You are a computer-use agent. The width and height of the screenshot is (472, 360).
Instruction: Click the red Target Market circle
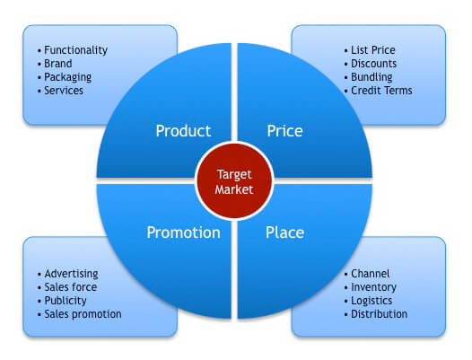(234, 180)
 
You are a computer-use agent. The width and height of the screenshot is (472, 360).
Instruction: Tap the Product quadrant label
(183, 131)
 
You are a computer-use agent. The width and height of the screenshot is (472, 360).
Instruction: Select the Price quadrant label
(284, 131)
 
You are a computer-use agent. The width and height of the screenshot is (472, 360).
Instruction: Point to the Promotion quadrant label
(183, 233)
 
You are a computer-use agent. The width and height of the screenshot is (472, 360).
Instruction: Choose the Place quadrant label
(284, 233)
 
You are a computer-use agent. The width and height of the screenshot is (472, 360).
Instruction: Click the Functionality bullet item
(73, 50)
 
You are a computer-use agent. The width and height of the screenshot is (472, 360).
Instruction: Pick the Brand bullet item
(55, 64)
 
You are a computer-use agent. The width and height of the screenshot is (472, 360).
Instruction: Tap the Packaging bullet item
(65, 77)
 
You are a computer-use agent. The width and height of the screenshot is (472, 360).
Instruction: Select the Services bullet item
(60, 91)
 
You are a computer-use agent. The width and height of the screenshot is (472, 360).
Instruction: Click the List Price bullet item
(370, 50)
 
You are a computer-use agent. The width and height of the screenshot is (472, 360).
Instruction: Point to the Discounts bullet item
(371, 64)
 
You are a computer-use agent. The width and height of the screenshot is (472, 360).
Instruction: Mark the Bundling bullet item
(368, 77)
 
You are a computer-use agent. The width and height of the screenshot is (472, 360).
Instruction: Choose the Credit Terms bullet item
(378, 91)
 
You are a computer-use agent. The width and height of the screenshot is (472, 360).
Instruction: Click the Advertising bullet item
(68, 274)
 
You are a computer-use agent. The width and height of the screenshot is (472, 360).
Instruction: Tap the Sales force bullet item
(67, 287)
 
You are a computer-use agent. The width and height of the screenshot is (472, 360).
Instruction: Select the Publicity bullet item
(62, 301)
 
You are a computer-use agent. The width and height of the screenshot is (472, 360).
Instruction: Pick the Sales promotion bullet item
(80, 314)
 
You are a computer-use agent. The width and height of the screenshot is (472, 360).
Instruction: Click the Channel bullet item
(367, 274)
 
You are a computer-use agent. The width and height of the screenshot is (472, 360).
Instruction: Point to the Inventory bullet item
(371, 287)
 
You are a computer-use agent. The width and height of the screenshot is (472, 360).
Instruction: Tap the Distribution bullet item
(376, 314)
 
